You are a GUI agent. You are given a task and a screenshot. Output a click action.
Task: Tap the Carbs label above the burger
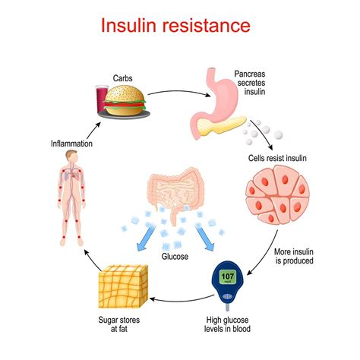(122, 78)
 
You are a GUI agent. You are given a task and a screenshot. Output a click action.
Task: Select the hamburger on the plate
(125, 100)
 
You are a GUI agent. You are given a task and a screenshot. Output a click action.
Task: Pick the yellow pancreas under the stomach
(221, 126)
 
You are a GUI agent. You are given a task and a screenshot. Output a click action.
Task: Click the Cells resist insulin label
(277, 158)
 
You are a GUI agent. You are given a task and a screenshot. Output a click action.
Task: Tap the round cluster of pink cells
(278, 194)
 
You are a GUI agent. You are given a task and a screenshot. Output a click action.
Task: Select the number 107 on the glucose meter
(227, 276)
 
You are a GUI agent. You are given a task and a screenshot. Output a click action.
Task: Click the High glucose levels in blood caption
(227, 324)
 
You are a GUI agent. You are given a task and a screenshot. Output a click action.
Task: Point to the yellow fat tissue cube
(123, 286)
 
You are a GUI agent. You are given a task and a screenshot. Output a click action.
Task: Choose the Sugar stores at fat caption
(119, 324)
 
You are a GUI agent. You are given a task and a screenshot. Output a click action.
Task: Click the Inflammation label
(71, 144)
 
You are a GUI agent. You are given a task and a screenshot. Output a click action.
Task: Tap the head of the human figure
(72, 156)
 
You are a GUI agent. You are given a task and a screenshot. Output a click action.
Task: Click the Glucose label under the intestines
(175, 257)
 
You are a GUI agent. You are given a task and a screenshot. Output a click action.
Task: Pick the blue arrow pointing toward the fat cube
(145, 238)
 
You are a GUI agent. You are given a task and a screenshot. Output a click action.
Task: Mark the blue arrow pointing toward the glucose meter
(205, 238)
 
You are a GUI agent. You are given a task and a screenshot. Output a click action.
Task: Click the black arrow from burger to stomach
(178, 92)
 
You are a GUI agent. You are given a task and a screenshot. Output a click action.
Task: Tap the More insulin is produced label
(294, 256)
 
